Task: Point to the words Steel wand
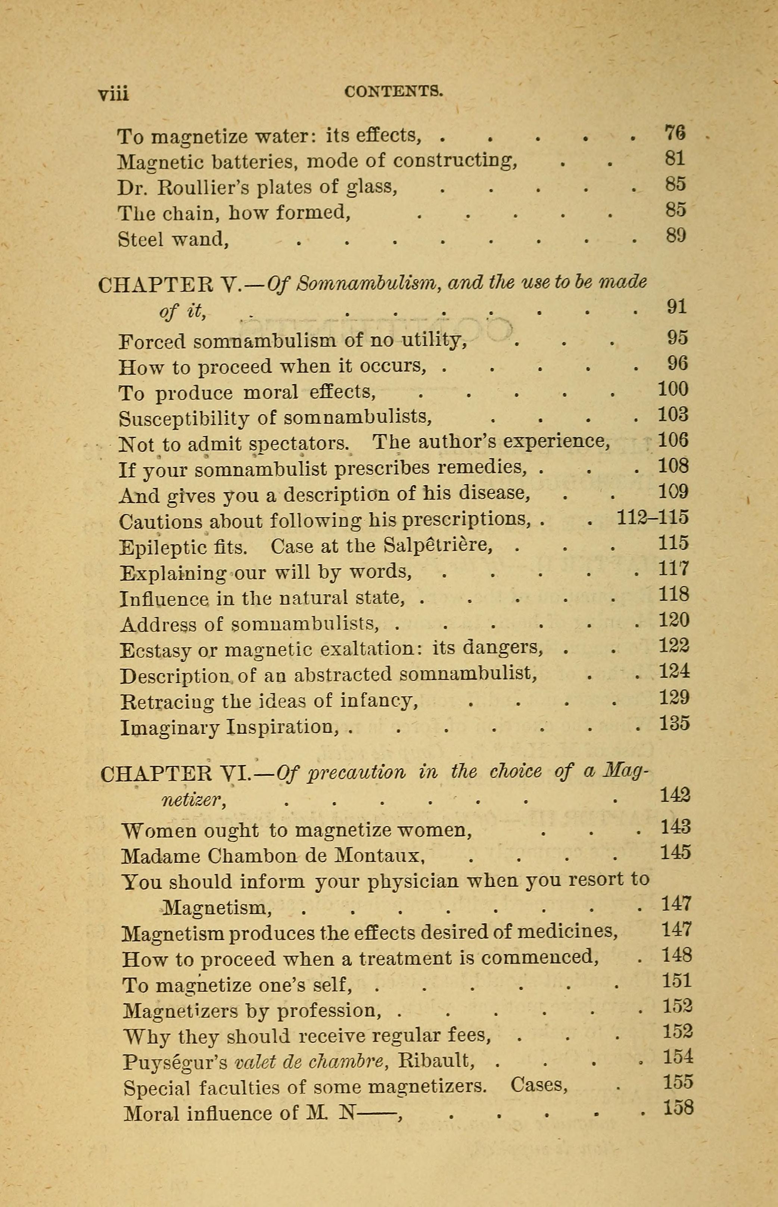(x=173, y=239)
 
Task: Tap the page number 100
(x=673, y=389)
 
